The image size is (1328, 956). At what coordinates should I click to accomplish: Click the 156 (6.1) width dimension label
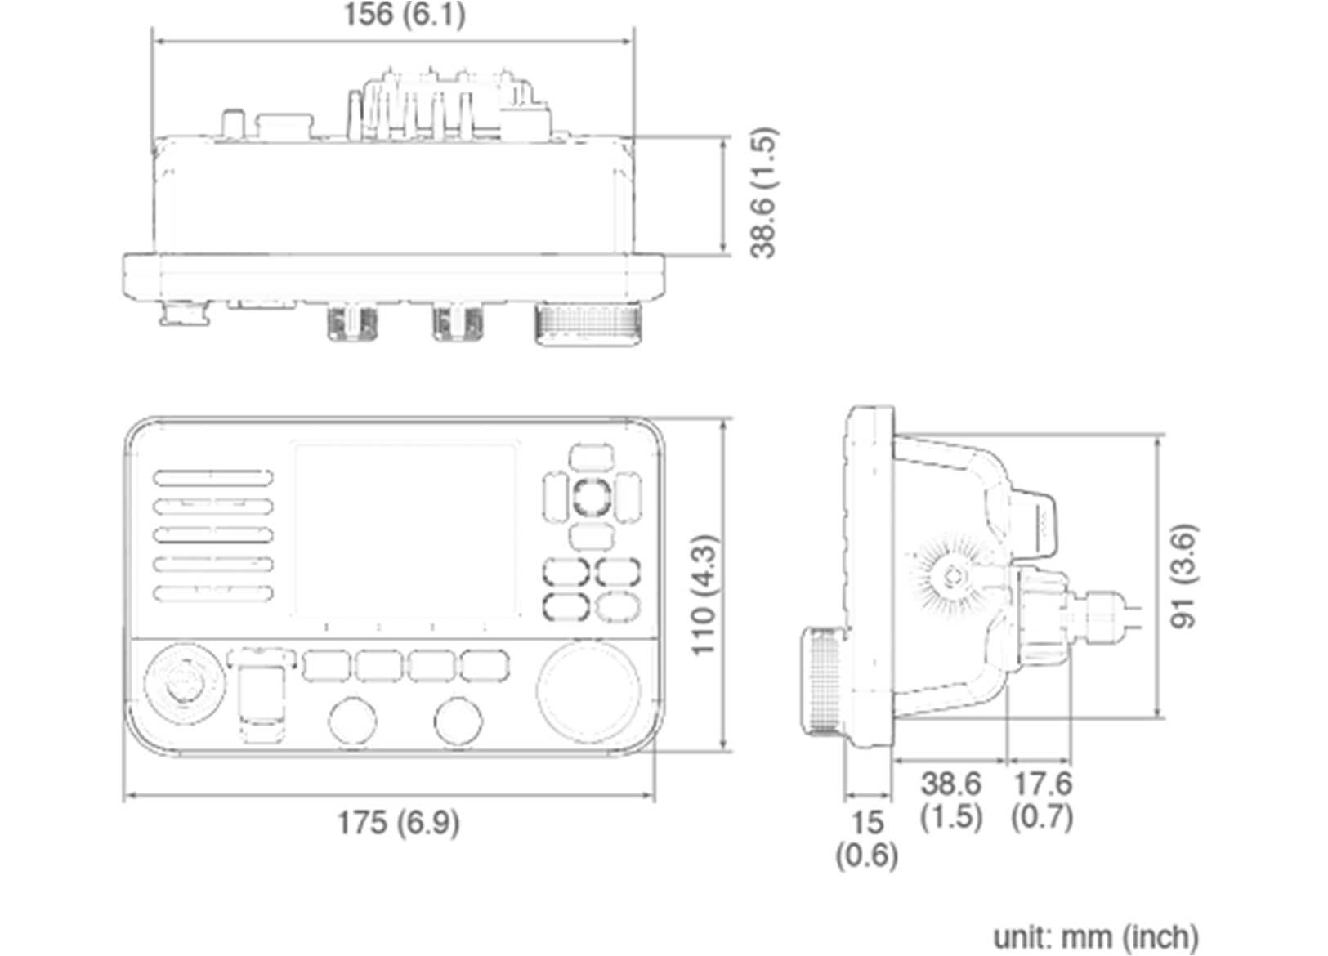[x=404, y=15]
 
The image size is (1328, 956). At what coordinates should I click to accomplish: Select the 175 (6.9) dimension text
[x=398, y=822]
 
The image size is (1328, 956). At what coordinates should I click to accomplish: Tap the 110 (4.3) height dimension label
[x=704, y=595]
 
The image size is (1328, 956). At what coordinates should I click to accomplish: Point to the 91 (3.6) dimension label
[x=1184, y=576]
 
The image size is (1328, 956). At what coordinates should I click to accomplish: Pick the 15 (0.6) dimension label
[x=866, y=838]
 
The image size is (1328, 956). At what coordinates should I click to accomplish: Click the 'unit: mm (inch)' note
[x=1095, y=936]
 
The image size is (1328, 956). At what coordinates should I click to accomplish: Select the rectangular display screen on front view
[x=406, y=531]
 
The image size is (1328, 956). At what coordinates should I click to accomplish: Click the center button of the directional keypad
[x=590, y=496]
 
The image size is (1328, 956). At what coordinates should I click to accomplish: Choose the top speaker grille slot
[x=212, y=477]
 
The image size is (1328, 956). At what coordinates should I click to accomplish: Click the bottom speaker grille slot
[x=212, y=594]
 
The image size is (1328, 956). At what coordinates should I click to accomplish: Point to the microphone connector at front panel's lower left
[x=184, y=686]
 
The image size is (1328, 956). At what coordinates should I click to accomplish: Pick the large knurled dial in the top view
[x=588, y=326]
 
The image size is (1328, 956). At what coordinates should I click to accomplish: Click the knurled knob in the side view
[x=825, y=680]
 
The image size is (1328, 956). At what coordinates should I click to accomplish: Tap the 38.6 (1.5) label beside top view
[x=763, y=193]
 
